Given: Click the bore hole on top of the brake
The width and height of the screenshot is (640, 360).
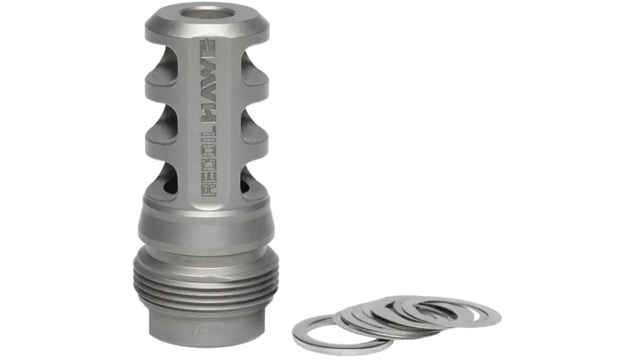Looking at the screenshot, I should tap(206, 12).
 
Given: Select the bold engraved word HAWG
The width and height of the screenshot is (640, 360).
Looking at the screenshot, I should tap(209, 82).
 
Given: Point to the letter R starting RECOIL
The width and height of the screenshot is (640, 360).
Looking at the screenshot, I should tap(209, 189).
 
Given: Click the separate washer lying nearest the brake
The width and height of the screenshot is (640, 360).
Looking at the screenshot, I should tap(334, 333).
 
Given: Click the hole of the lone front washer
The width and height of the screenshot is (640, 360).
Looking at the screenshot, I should tap(334, 333).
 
